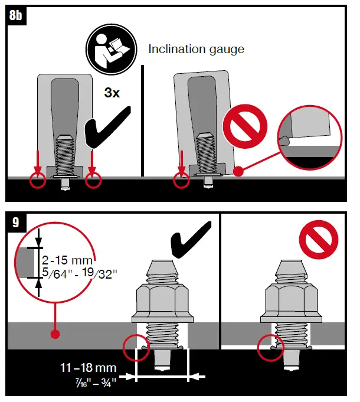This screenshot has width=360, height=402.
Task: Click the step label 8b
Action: (17, 16)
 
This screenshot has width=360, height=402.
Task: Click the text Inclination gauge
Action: (196, 50)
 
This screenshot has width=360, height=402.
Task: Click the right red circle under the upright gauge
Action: (93, 180)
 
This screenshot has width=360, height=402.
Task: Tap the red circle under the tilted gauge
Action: (182, 180)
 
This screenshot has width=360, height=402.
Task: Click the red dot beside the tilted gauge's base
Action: (237, 172)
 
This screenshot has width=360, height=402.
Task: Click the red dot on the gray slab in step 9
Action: (55, 334)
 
